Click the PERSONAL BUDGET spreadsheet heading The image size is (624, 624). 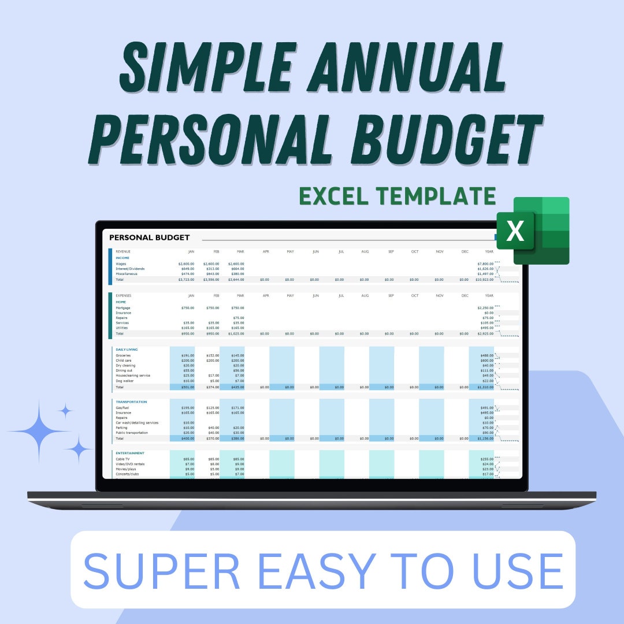pos(149,237)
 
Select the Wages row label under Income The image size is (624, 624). pos(121,263)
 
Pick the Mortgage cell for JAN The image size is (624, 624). pos(187,308)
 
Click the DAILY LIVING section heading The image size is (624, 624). pos(127,350)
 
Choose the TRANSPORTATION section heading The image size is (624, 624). pos(131,402)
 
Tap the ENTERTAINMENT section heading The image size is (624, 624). pos(130,453)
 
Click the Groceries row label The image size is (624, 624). pos(123,355)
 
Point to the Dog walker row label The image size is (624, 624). pos(124,381)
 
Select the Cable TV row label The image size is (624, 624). pos(122,459)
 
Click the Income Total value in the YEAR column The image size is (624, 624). pos(484,280)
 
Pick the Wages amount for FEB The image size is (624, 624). pos(211,263)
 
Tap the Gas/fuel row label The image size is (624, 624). pos(122,407)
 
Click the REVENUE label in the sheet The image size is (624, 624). pos(123,252)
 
